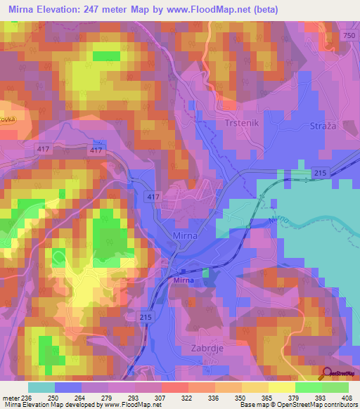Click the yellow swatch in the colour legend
click(281, 387)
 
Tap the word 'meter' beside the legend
click(11, 397)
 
